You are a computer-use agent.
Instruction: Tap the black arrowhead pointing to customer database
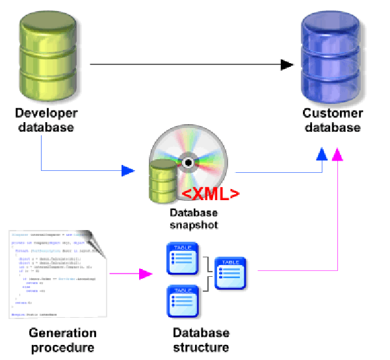pyautogui.click(x=287, y=64)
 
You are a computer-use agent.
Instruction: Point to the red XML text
pyautogui.click(x=210, y=194)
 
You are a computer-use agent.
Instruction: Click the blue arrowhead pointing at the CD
pyautogui.click(x=128, y=171)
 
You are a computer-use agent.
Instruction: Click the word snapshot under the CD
pyautogui.click(x=193, y=225)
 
